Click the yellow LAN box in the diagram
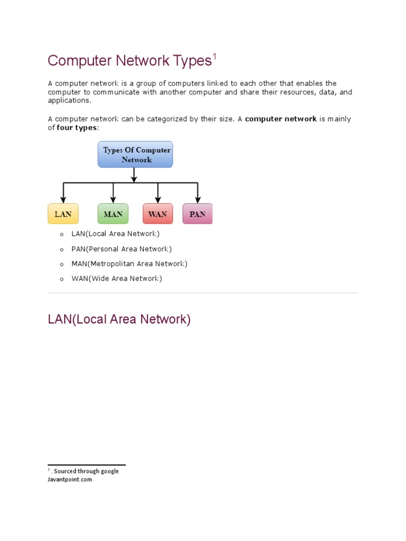(x=63, y=214)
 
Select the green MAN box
(x=113, y=214)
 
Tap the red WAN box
(x=158, y=214)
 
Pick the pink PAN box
(x=197, y=214)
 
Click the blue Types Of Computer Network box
(x=135, y=155)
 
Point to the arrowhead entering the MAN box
(x=113, y=200)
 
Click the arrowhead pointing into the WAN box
(x=158, y=200)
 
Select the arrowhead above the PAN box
(x=198, y=200)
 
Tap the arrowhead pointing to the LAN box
(x=63, y=200)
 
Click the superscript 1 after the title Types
(x=215, y=57)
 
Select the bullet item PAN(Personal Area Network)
(x=122, y=249)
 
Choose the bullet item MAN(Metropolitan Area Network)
(x=130, y=264)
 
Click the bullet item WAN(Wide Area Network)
(x=117, y=278)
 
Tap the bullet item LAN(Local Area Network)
(x=115, y=234)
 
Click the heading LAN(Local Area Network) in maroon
(x=119, y=320)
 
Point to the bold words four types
(x=77, y=128)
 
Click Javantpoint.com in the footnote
(x=70, y=480)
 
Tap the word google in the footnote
(x=108, y=471)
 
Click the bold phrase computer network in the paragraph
(x=281, y=119)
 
